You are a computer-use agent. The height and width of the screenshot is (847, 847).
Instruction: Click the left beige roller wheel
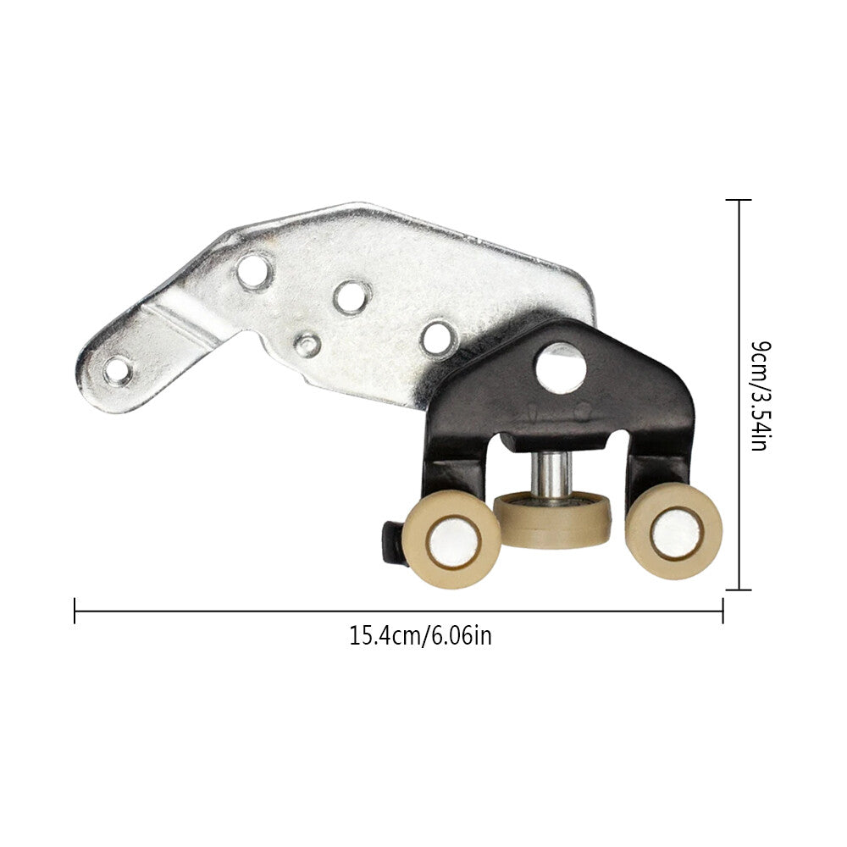[451, 540]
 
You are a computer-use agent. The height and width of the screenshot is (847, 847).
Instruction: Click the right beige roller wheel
[673, 532]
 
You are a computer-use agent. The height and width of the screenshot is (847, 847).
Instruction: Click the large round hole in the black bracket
[561, 368]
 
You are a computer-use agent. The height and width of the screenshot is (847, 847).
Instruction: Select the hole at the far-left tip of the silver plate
[119, 371]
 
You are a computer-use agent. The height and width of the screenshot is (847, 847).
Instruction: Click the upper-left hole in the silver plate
[254, 271]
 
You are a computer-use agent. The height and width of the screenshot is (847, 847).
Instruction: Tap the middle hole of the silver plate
[352, 297]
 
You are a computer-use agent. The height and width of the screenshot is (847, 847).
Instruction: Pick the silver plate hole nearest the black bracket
[439, 338]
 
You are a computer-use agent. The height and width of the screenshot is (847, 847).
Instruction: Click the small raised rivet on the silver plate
[307, 346]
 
